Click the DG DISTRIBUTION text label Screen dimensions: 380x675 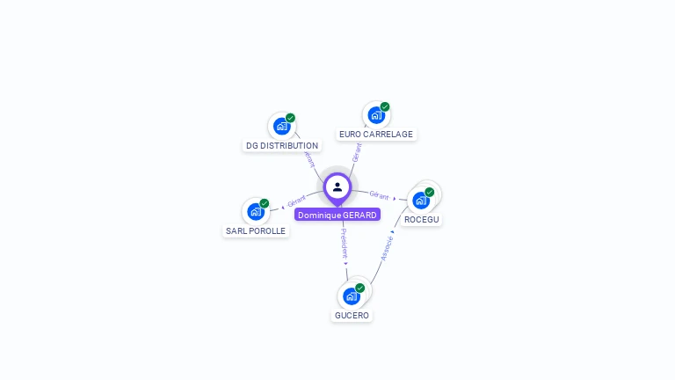pos(282,146)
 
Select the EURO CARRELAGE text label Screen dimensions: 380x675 pos(375,135)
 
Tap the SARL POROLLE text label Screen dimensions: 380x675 pos(256,231)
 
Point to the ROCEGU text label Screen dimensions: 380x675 pos(422,219)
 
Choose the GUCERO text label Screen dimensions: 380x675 pos(352,315)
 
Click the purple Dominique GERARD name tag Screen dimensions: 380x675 pos(337,215)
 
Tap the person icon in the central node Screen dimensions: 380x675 pos(337,186)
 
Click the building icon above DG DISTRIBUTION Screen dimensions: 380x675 pos(281,126)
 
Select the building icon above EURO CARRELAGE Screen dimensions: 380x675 pos(375,114)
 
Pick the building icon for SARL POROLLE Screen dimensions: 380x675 pos(255,211)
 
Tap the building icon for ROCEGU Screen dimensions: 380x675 pos(420,200)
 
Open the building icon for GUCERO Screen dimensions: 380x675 pos(351,296)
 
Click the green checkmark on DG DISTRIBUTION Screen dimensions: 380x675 pos(290,118)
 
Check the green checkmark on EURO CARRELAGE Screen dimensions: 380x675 pos(384,106)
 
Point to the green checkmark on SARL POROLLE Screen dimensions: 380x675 pos(264,203)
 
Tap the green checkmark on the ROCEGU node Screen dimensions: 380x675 pos(429,192)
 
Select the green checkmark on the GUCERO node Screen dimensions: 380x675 pos(359,288)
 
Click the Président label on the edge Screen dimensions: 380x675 pos(344,243)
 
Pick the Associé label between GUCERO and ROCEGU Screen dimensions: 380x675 pos(388,247)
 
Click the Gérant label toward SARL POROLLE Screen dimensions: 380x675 pos(296,201)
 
